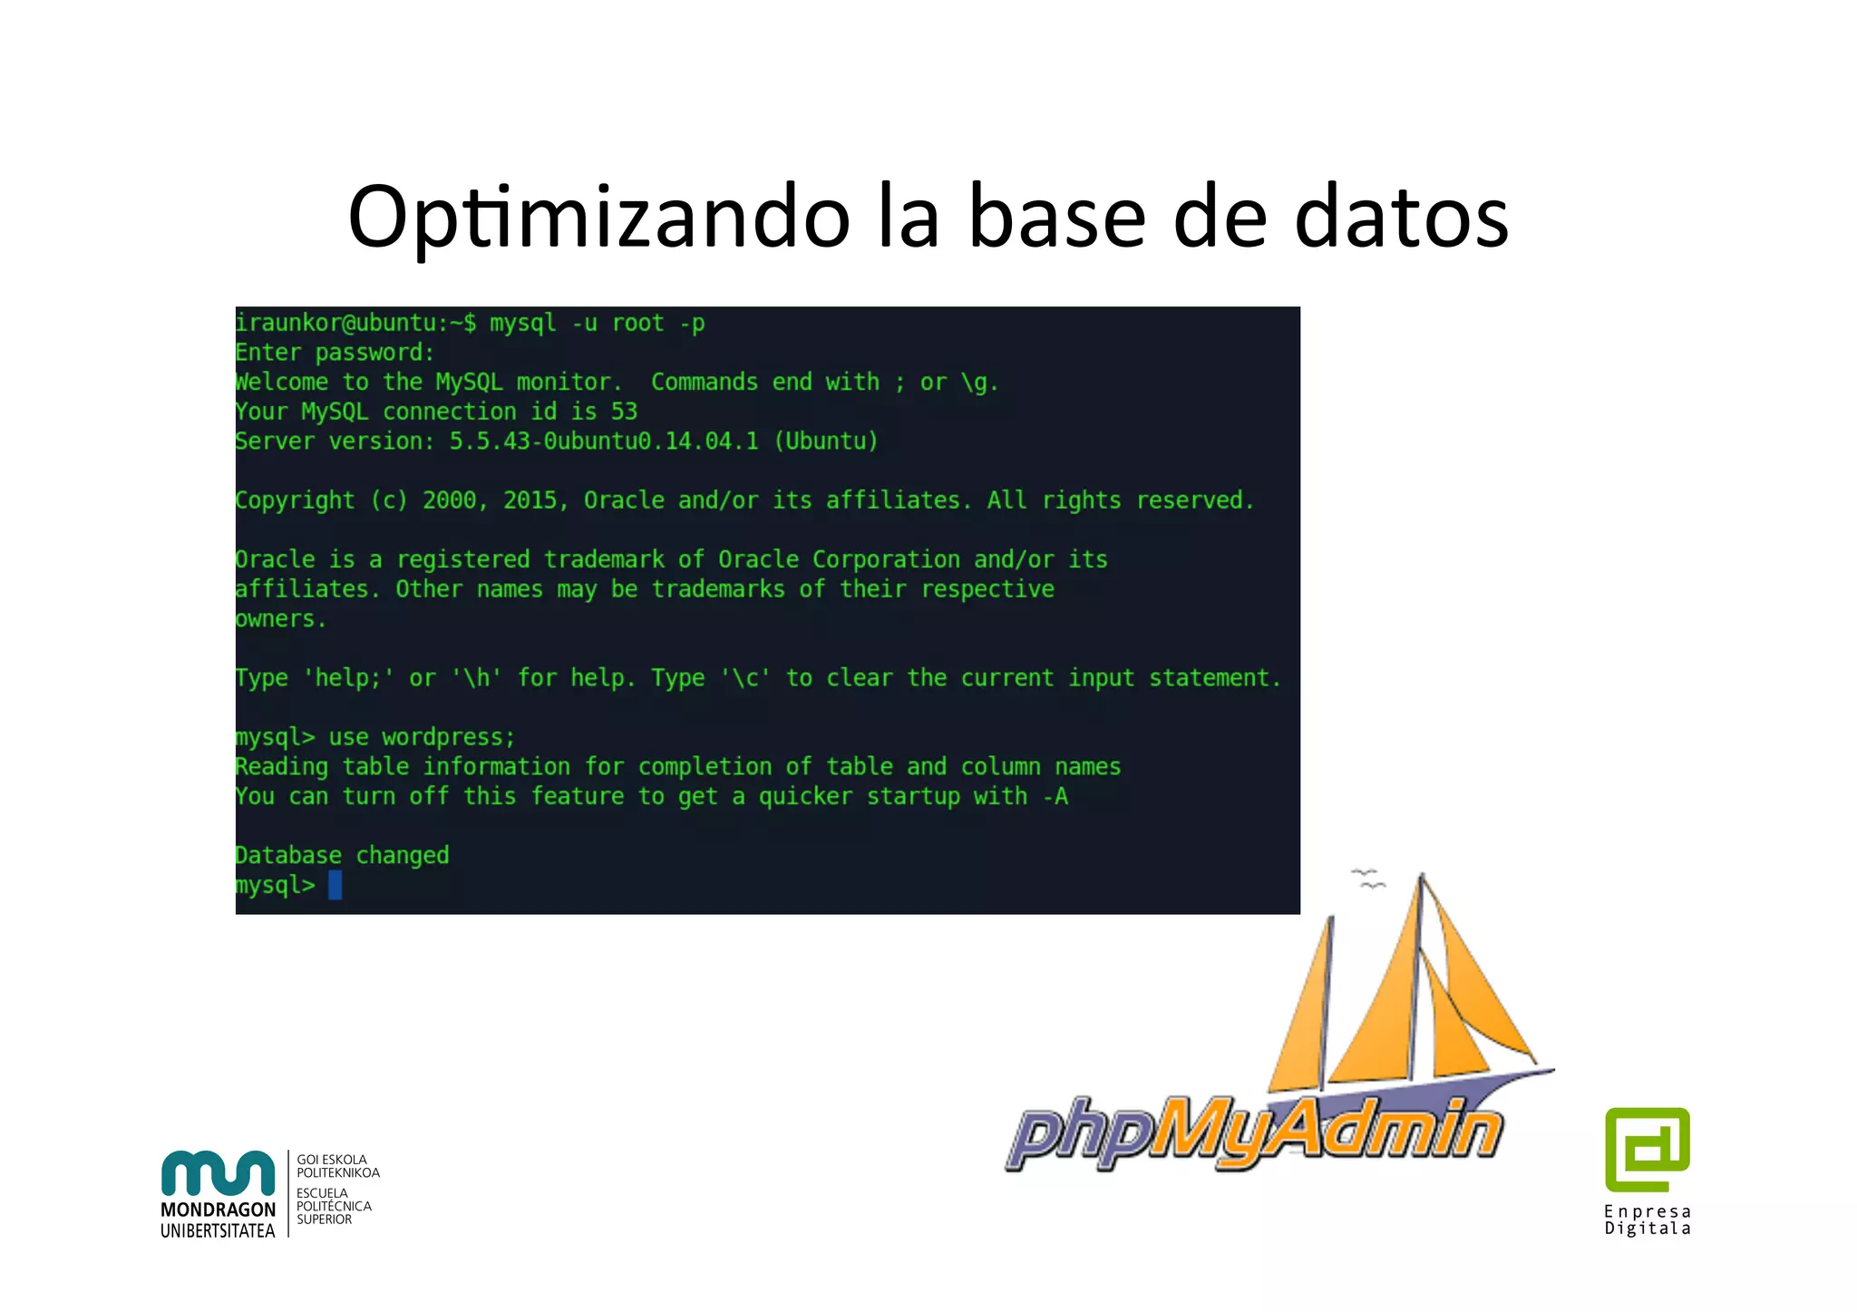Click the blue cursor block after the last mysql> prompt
335,885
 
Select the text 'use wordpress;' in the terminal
422,737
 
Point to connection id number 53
624,412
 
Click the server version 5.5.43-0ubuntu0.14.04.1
604,442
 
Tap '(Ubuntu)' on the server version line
825,442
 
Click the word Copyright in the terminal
295,501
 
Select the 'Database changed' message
342,855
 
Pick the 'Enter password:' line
335,353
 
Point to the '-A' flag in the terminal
1055,797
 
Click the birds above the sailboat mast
1367,878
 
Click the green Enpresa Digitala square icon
1647,1148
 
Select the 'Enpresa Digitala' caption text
1647,1220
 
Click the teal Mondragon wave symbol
218,1173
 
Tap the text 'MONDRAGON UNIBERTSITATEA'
218,1220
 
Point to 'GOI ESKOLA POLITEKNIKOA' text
337,1166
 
